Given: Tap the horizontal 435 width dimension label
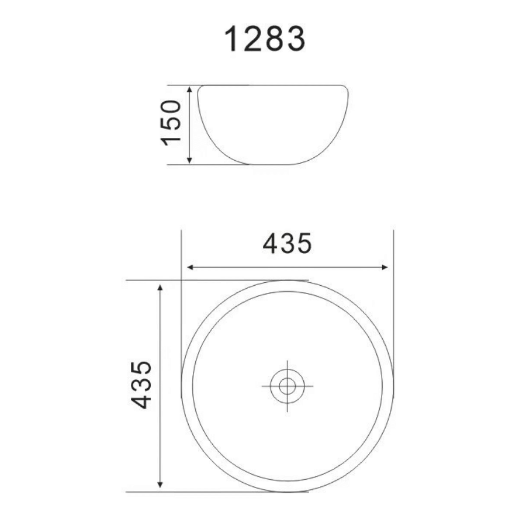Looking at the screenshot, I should click(287, 244).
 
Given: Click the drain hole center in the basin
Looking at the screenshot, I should click(287, 386).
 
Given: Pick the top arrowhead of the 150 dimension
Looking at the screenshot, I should click(189, 89).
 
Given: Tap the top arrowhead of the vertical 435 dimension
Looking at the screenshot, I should click(160, 287).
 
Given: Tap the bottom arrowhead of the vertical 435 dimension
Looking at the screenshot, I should click(160, 485).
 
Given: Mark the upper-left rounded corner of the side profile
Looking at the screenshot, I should click(200, 89).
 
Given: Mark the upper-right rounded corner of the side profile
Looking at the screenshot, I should click(345, 89).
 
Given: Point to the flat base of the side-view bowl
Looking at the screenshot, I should click(273, 164).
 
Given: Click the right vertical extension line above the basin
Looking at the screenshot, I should click(394, 251).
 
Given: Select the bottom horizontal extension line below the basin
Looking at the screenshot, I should click(216, 492).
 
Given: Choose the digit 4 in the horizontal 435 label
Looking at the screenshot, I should click(271, 244).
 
